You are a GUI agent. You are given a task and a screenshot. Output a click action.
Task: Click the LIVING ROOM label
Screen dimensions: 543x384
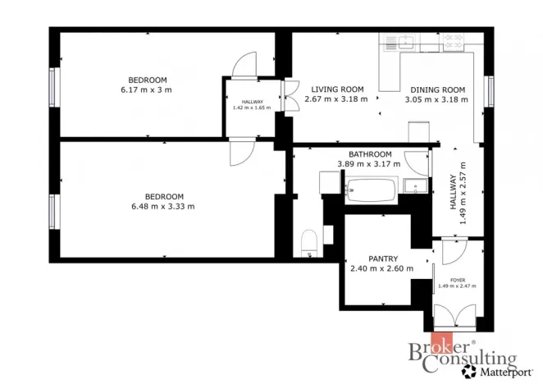(337, 89)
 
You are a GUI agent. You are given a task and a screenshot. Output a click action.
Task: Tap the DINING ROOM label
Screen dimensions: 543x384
(438, 90)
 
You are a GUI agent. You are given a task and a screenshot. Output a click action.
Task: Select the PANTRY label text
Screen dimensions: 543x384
(383, 258)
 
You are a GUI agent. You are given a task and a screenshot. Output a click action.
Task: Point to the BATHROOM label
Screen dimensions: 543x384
(370, 154)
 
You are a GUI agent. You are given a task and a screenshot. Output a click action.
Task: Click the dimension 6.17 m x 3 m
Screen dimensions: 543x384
(146, 90)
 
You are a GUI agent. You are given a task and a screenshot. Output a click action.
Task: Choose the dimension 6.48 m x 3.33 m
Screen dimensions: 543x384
(163, 207)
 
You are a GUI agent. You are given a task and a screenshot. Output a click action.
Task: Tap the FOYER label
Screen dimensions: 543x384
(458, 280)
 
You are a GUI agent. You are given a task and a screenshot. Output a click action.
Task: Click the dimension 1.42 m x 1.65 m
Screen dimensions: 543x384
(252, 107)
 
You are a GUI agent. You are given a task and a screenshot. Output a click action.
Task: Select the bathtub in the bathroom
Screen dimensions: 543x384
(371, 190)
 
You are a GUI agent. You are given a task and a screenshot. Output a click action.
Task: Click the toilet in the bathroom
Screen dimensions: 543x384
(309, 243)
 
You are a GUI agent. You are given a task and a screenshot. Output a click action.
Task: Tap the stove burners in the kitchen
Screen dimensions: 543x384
(454, 41)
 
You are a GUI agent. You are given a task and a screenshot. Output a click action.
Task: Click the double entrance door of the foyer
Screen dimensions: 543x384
(454, 316)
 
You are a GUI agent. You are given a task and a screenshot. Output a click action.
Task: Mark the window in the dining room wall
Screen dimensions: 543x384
(491, 91)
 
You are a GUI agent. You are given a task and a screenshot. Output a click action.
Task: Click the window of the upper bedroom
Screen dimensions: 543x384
(52, 87)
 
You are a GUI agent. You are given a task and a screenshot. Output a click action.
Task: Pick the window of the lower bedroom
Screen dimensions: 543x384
(52, 212)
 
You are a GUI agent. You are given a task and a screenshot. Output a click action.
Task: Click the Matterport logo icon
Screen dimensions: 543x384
(469, 371)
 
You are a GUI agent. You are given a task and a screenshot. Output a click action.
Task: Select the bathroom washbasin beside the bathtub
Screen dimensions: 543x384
(415, 186)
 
